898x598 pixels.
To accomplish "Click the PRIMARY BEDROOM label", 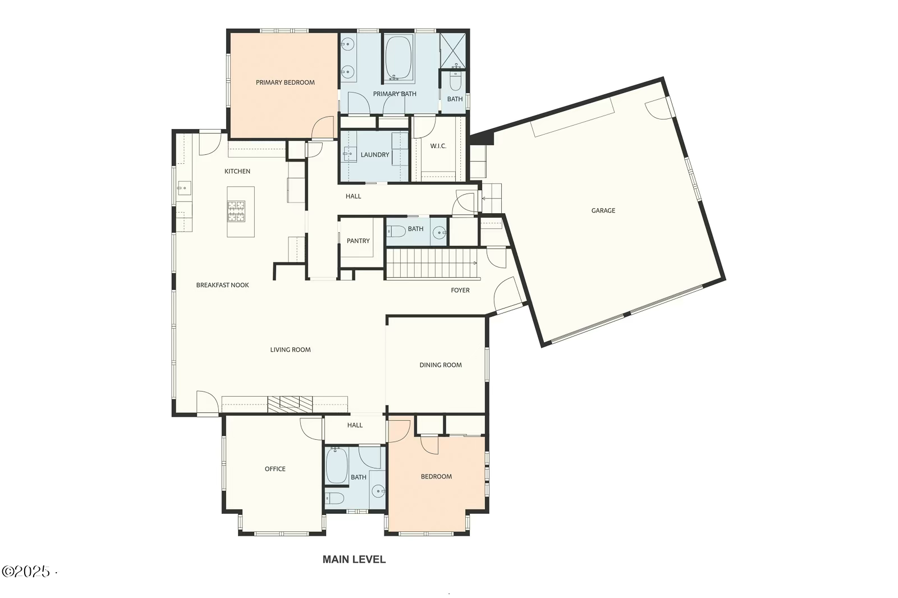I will (x=285, y=82).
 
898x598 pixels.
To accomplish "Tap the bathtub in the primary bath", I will (x=398, y=58).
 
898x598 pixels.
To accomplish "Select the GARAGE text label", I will (x=603, y=210).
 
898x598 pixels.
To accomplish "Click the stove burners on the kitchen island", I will (x=236, y=211).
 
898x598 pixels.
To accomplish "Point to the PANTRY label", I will (x=358, y=241).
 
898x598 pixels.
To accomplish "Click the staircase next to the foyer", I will (x=431, y=264).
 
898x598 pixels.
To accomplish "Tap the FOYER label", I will (x=460, y=290).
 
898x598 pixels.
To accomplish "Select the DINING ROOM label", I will (x=441, y=365).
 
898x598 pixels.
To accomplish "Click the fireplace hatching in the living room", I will (x=290, y=404).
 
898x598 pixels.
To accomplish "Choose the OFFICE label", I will (x=275, y=468).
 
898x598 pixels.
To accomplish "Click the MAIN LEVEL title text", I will (x=354, y=559).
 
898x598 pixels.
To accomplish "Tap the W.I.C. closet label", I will (x=438, y=146).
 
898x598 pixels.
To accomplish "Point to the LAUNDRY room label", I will (x=375, y=154).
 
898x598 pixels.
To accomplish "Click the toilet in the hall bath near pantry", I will (x=396, y=231).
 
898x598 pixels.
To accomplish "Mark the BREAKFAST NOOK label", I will (x=222, y=285).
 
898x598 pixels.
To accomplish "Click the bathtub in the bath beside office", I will (x=337, y=466).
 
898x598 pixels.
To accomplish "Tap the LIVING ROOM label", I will (x=290, y=349).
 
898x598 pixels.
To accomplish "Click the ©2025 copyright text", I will (x=26, y=572).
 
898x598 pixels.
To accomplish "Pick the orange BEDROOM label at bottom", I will (x=436, y=476).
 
